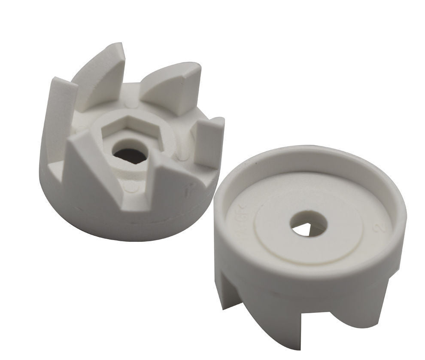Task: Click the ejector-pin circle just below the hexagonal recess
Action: (133, 188)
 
